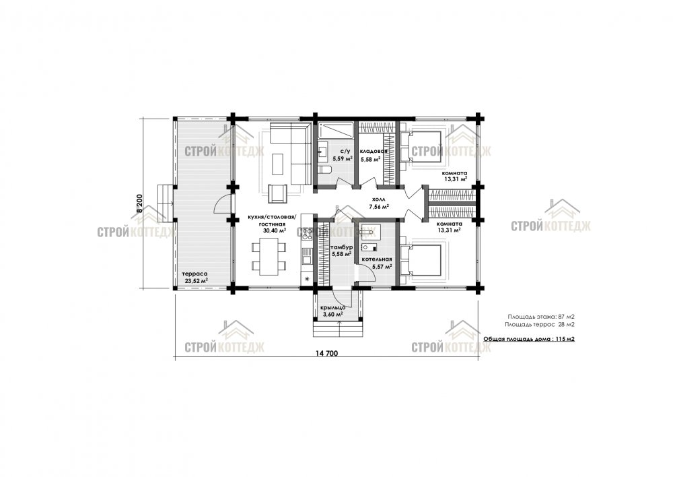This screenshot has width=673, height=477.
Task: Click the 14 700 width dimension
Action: (326, 354)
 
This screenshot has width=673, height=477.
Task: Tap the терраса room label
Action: (195, 274)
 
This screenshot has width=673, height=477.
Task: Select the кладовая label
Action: (374, 152)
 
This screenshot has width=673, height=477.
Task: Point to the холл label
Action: (378, 200)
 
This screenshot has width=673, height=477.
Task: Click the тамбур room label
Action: (342, 247)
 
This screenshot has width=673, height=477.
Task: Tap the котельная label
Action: (376, 259)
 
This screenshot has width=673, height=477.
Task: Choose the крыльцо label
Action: (333, 308)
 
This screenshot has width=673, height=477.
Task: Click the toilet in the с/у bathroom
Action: (325, 169)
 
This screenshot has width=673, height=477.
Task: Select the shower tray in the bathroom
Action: (336, 130)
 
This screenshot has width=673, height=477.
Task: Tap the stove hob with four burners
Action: (307, 234)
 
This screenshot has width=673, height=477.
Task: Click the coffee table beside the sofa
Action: (278, 165)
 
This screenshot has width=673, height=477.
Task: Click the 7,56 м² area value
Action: (379, 207)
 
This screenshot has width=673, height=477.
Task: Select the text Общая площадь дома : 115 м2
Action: (529, 339)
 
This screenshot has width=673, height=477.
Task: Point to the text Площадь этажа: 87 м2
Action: (541, 316)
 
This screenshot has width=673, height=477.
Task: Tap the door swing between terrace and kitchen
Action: (223, 203)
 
